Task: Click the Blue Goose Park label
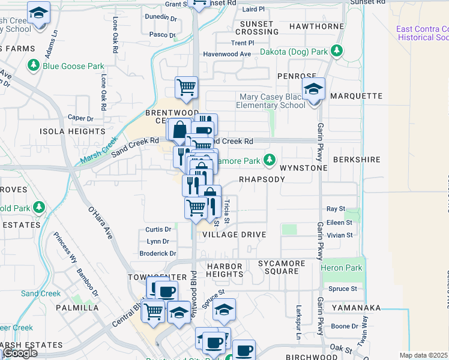(x=73, y=66)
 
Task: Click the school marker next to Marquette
(x=313, y=90)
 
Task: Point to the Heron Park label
(x=342, y=268)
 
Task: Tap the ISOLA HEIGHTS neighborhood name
(x=72, y=131)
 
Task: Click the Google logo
(x=20, y=353)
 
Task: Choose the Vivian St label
(x=340, y=235)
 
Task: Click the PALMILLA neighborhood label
(x=77, y=308)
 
